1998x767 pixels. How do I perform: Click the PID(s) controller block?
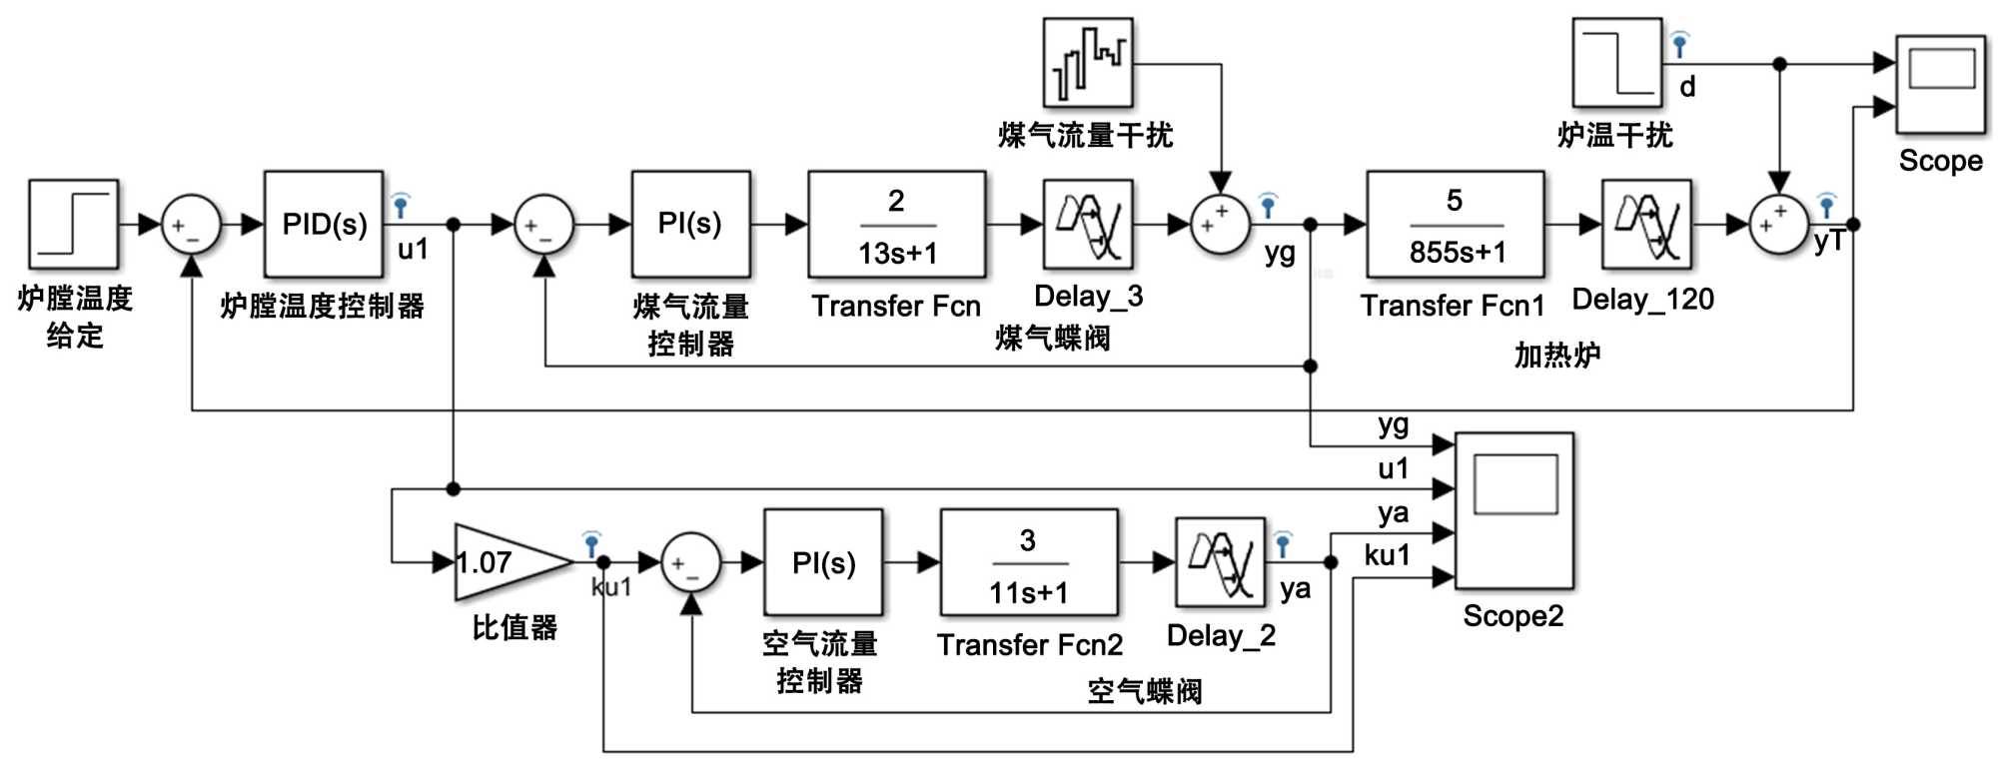(324, 224)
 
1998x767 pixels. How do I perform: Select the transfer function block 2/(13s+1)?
(896, 225)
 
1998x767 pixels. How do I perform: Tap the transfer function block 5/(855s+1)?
(1455, 225)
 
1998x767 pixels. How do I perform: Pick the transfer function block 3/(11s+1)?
(1028, 563)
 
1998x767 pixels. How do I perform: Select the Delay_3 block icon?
(1088, 225)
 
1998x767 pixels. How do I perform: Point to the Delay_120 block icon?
(1646, 225)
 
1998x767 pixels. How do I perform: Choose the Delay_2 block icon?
(1220, 562)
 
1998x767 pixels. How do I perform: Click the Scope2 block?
(1513, 510)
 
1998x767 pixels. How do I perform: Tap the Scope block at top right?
(1940, 85)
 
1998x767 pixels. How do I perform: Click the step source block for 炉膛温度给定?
(74, 225)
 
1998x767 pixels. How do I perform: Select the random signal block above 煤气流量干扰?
(1088, 62)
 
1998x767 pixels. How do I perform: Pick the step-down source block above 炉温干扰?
(1617, 62)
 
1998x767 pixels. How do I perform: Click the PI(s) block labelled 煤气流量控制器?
(690, 225)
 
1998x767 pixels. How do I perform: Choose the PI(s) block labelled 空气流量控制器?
(823, 563)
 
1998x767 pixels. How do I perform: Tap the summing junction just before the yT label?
(1779, 225)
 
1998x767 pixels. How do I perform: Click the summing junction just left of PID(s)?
(191, 225)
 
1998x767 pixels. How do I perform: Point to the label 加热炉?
(1556, 355)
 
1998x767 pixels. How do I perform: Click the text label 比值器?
(514, 627)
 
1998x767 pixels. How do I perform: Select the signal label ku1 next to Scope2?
(1388, 555)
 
